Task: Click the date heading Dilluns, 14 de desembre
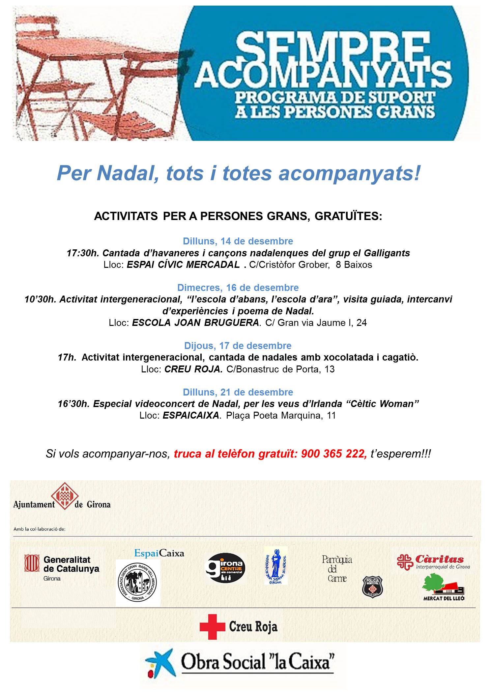click(238, 241)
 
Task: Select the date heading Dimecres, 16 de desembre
click(238, 288)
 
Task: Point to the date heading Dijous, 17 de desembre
click(238, 346)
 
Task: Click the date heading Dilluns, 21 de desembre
click(238, 392)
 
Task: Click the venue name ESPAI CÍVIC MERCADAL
click(183, 265)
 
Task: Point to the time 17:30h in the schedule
click(83, 253)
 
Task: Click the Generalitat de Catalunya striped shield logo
click(32, 563)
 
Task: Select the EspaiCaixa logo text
click(159, 553)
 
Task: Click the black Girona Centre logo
click(225, 568)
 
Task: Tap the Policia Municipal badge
click(372, 587)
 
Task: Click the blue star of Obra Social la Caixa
click(160, 664)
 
